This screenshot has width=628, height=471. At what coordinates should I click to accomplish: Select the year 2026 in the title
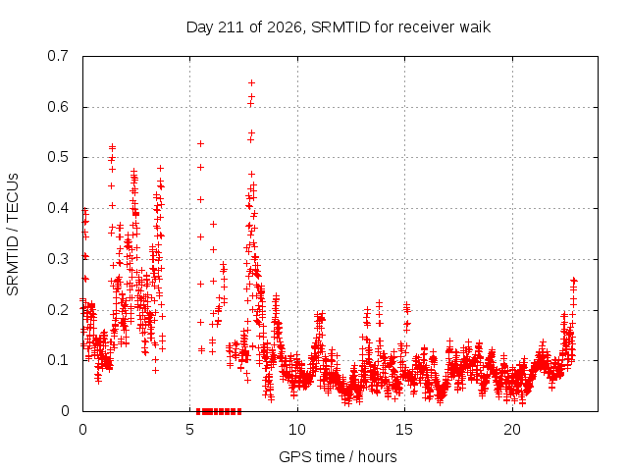tap(284, 27)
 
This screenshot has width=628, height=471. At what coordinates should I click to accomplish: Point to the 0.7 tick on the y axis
tap(58, 56)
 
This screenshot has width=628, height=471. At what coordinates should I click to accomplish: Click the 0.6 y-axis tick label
tap(58, 107)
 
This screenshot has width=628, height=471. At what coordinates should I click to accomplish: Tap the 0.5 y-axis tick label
tap(58, 157)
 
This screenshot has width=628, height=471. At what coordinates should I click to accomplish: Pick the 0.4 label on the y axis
tap(58, 208)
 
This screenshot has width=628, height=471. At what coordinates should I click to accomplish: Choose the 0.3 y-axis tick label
tap(58, 259)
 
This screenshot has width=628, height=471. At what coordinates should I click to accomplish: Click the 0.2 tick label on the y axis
tap(58, 310)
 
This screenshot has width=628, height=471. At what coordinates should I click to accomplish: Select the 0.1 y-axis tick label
tap(58, 360)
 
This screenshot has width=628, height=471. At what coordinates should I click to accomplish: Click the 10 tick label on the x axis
tap(297, 430)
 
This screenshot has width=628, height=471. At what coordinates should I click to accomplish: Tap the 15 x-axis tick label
tap(404, 430)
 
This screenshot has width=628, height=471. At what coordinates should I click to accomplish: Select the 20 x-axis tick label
tap(512, 430)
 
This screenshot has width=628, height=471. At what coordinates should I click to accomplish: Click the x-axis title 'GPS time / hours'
tap(338, 457)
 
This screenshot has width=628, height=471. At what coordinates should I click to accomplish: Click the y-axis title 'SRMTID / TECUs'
tap(13, 235)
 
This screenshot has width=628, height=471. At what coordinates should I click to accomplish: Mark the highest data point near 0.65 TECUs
tap(251, 82)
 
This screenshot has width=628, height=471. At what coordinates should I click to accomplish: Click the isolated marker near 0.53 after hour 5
tap(200, 143)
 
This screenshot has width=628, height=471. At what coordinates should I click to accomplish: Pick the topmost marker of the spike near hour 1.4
tap(113, 146)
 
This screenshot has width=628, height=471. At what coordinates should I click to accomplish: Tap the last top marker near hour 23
tap(574, 280)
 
